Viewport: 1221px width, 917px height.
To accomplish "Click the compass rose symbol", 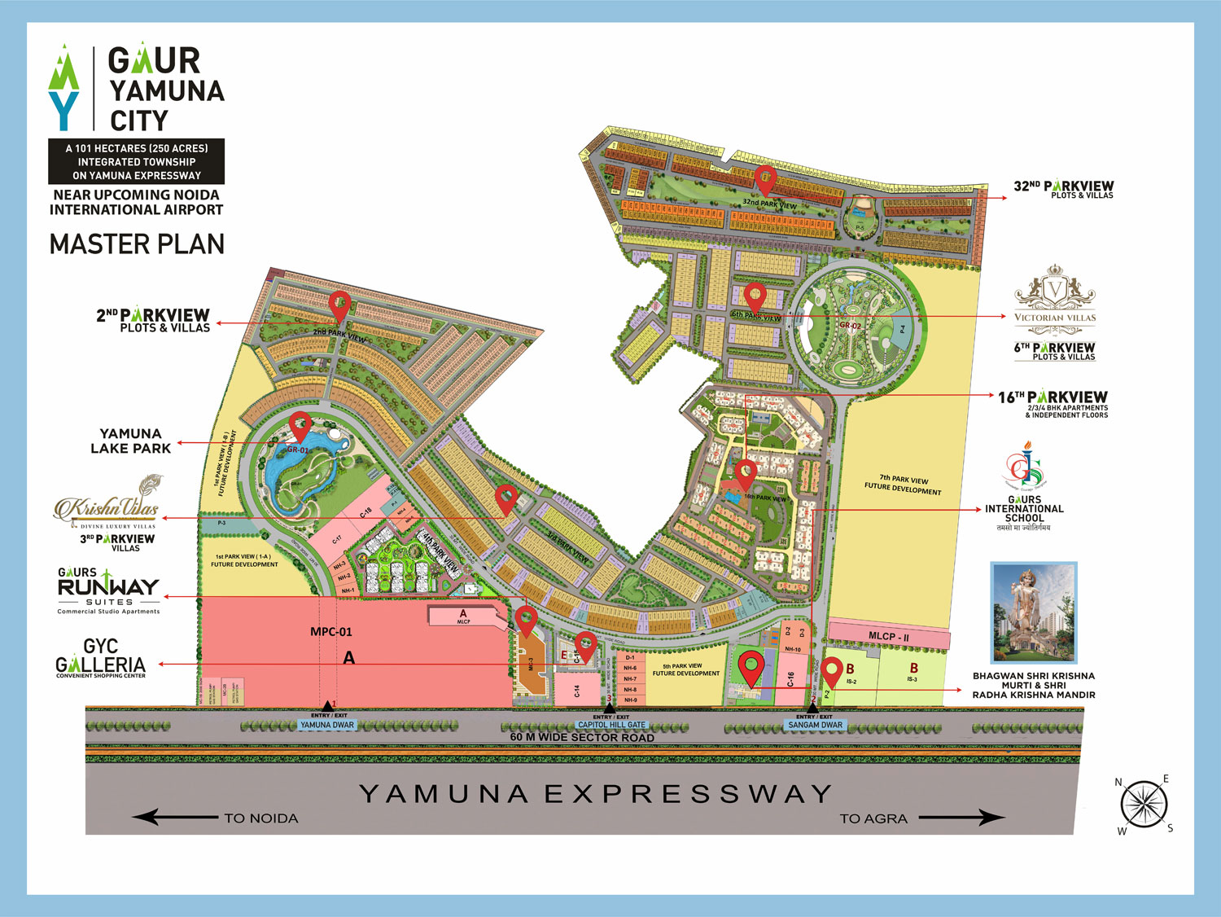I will pyautogui.click(x=1144, y=805).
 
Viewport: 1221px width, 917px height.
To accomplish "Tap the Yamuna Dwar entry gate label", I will pyautogui.click(x=327, y=725).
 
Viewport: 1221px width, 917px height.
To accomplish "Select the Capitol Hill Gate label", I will pyautogui.click(x=611, y=725).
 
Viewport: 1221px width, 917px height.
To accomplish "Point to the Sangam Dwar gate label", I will pyautogui.click(x=815, y=725).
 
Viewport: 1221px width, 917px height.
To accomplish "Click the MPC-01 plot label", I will pyautogui.click(x=331, y=632).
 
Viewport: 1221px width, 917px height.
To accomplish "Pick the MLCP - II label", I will pyautogui.click(x=889, y=636).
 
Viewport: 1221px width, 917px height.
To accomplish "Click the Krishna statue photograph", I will pyautogui.click(x=1034, y=612).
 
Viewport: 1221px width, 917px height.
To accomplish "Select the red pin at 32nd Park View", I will pyautogui.click(x=764, y=180).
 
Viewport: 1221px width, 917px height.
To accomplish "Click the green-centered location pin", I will pyautogui.click(x=751, y=668).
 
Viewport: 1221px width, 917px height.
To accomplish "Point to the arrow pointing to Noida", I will pyautogui.click(x=174, y=817).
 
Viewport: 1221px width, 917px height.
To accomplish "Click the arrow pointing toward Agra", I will pyautogui.click(x=962, y=817).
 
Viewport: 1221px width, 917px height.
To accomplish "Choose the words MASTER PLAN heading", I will pyautogui.click(x=137, y=244).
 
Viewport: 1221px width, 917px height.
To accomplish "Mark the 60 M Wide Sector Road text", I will pyautogui.click(x=582, y=738).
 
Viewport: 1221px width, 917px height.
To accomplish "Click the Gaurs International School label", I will pyautogui.click(x=1024, y=509).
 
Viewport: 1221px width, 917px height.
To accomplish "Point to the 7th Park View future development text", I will pyautogui.click(x=903, y=485).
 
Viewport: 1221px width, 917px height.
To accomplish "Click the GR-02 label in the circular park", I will pyautogui.click(x=850, y=326).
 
